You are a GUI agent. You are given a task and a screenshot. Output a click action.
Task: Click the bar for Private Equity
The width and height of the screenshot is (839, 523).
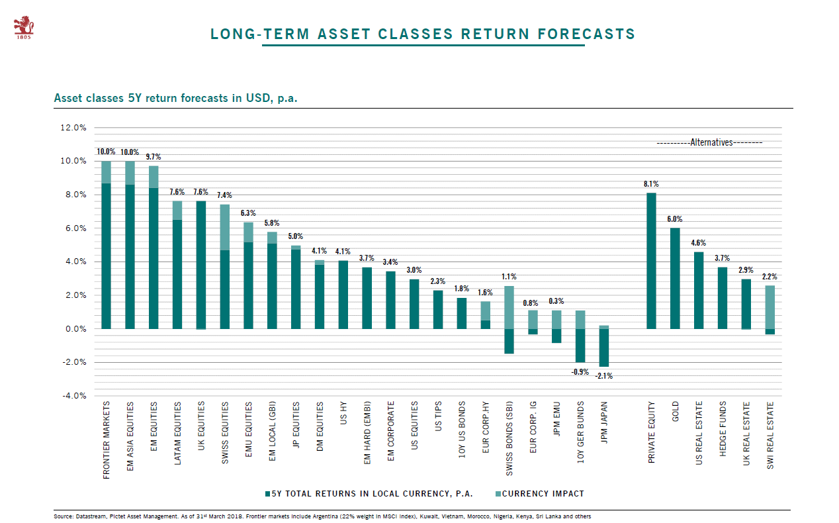[x=651, y=261]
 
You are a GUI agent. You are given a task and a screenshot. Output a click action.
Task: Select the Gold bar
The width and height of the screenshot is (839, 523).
[x=675, y=278]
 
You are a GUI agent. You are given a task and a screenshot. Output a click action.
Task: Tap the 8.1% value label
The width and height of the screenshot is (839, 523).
[x=651, y=184]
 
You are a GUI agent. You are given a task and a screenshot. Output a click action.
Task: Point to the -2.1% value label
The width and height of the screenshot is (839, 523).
[x=603, y=376]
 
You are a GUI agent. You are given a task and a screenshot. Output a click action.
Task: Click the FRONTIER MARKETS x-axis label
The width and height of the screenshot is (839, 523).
[x=107, y=440]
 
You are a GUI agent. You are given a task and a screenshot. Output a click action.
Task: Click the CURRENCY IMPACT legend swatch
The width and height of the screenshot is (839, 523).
[x=497, y=494]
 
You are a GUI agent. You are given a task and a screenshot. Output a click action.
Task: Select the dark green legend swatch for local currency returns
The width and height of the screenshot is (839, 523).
[x=267, y=494]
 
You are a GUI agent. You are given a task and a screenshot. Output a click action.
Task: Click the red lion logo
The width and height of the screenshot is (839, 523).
[x=24, y=26]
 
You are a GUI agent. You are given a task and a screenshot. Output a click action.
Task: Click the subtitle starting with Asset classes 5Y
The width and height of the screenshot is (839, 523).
[x=175, y=99]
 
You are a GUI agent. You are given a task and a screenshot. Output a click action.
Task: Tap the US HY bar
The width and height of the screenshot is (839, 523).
[x=343, y=295]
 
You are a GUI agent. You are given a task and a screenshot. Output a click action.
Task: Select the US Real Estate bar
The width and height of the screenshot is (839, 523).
[x=699, y=290]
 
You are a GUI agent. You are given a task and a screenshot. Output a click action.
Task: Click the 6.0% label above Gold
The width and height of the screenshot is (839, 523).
[x=675, y=219]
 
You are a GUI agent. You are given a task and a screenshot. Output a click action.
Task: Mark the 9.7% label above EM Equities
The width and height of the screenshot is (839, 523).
[x=154, y=157]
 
